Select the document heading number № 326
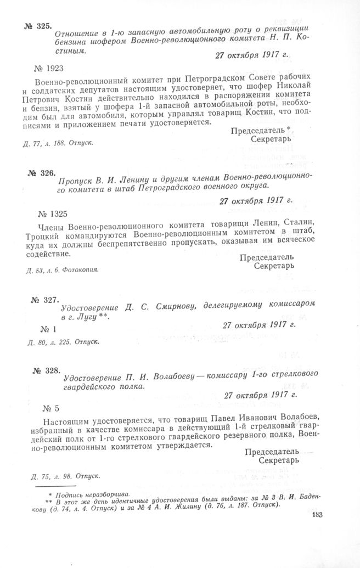pyautogui.click(x=42, y=173)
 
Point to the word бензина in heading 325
pyautogui.click(x=80, y=41)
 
